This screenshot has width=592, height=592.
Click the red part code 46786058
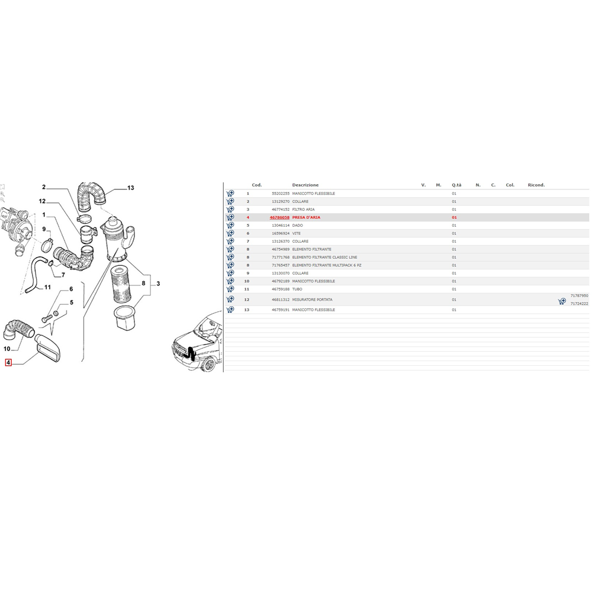(279, 217)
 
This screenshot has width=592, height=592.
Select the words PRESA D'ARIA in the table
(306, 217)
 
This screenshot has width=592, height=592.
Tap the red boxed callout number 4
(8, 362)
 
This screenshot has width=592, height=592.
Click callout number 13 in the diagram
(130, 188)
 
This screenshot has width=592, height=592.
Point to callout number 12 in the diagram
(42, 201)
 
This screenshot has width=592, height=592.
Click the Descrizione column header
(305, 185)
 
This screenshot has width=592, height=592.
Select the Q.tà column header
(456, 185)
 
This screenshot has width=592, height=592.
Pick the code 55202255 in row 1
(281, 194)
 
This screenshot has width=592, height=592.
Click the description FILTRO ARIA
(303, 209)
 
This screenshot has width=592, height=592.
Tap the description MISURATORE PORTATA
(312, 300)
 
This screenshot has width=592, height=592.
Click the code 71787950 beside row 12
(579, 295)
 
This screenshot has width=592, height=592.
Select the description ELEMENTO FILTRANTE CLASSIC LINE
(324, 257)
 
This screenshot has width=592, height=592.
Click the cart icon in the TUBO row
(230, 289)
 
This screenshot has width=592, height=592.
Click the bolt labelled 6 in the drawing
(47, 319)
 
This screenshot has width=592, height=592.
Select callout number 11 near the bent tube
(47, 287)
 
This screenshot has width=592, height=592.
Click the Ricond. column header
(536, 185)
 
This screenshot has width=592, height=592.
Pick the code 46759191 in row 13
(281, 310)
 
